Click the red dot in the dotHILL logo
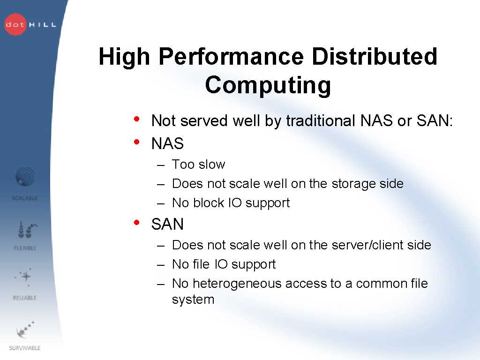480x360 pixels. coord(15,24)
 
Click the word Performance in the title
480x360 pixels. coord(231,57)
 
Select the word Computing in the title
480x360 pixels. coord(268,86)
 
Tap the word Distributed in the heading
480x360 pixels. coord(375,56)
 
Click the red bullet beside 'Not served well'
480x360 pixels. coord(136,119)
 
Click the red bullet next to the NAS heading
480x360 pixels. coord(136,142)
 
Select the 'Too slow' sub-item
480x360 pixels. coord(198,165)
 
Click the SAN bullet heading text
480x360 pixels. coord(167,224)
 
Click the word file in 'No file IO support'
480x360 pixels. coord(201,264)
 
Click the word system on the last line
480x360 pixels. coord(193,300)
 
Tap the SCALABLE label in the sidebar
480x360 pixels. coord(25,198)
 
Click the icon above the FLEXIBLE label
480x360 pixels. coord(27,229)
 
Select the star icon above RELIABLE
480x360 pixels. coord(26,277)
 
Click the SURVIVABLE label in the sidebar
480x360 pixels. coord(25,348)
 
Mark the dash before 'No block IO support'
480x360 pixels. coord(161,203)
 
